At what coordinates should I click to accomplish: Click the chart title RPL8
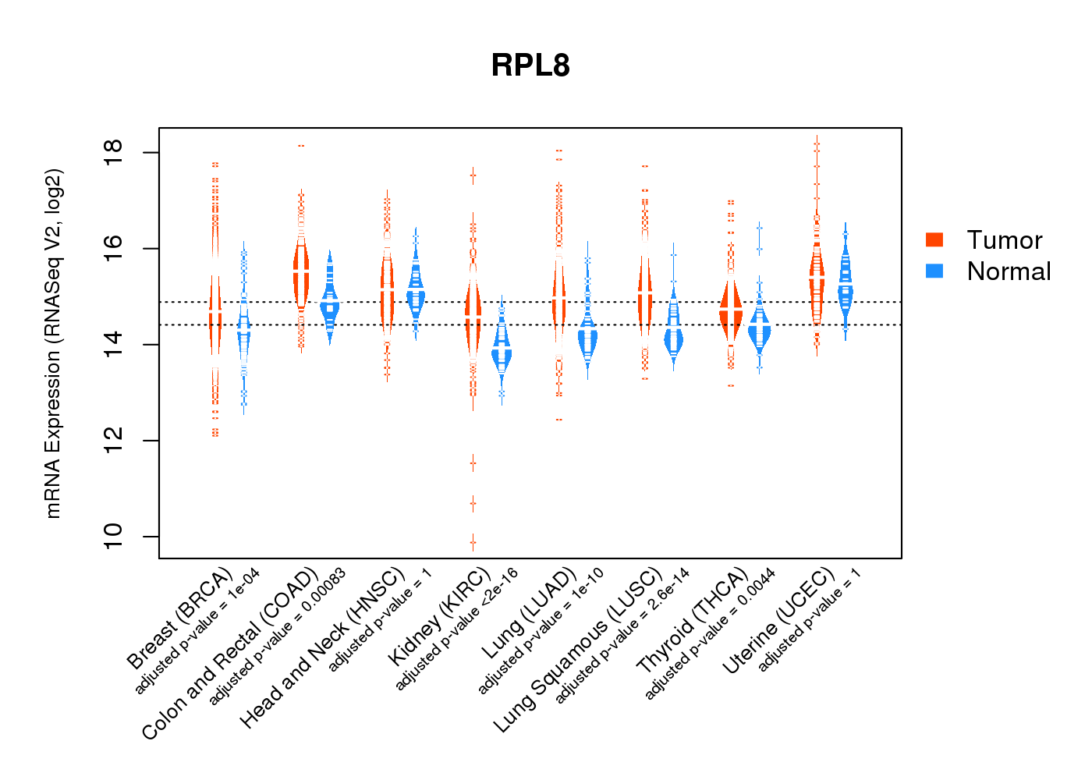click(530, 66)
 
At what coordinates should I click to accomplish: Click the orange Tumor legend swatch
click(934, 239)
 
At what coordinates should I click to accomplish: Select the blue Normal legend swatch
click(934, 271)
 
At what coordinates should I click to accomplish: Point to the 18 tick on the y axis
click(113, 152)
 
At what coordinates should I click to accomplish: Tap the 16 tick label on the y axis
click(113, 248)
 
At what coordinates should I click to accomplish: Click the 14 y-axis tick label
click(113, 344)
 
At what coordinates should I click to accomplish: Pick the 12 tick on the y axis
click(113, 440)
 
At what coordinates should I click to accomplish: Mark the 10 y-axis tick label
click(113, 536)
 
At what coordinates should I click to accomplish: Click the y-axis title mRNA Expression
click(53, 343)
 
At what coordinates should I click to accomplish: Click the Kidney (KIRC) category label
click(440, 616)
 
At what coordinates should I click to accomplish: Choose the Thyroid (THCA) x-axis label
click(693, 620)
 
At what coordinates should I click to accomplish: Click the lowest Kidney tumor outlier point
click(473, 542)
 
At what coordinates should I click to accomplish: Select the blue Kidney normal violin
click(502, 355)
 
